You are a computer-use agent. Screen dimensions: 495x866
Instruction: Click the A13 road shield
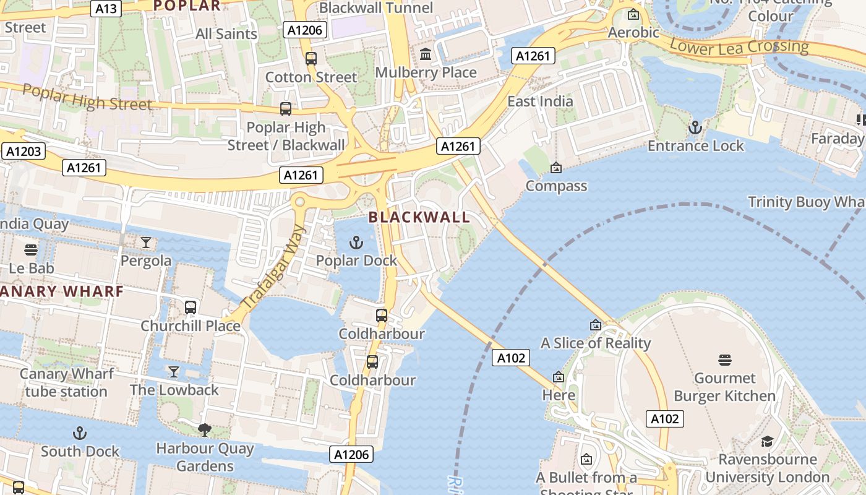(106, 9)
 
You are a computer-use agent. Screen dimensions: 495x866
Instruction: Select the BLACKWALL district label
(419, 217)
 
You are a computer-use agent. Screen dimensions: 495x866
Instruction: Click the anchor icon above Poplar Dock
(356, 242)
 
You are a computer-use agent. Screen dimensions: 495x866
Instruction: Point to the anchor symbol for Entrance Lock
(695, 128)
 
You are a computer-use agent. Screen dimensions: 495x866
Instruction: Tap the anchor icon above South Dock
(80, 433)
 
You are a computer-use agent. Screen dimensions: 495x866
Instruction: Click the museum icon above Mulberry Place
(426, 54)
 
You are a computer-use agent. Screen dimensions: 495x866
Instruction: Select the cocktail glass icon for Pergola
(146, 243)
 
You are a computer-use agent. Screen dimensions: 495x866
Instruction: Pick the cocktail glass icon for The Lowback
(174, 371)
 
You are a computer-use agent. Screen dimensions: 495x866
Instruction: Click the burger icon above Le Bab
(31, 250)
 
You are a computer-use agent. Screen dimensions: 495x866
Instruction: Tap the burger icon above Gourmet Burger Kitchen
(725, 359)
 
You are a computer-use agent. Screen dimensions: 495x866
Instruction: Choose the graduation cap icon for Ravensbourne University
(767, 441)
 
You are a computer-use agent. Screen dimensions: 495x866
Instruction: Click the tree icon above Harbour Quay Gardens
(204, 429)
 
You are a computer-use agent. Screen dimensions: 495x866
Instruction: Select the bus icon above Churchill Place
(191, 307)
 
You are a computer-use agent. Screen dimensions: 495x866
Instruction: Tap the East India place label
(540, 101)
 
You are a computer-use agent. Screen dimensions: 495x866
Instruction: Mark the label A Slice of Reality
(596, 343)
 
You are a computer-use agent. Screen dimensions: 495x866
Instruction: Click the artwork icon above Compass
(556, 167)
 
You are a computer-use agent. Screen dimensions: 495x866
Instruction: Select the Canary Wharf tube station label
(66, 382)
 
